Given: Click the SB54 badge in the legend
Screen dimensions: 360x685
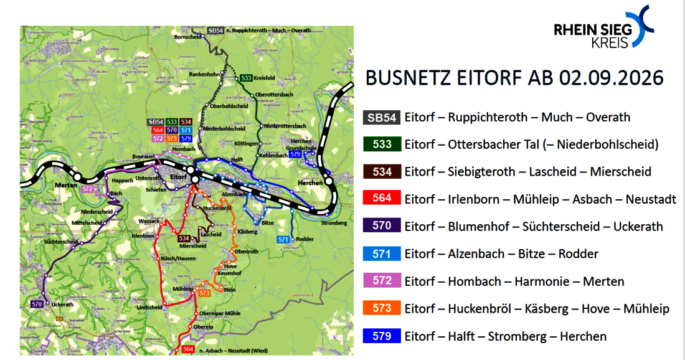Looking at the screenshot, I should coord(380,117).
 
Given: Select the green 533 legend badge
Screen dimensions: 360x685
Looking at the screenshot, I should coord(380,144).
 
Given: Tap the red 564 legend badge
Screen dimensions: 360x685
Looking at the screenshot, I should coord(380,199).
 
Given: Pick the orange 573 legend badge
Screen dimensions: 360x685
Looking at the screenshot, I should coord(380,309).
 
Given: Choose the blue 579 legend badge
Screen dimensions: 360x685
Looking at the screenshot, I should coord(380,336).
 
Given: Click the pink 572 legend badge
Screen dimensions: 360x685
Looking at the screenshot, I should coord(380,282).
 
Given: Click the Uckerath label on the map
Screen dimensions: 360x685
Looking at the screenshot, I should coord(63,305).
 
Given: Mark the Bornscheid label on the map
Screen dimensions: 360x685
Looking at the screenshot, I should coord(189,37).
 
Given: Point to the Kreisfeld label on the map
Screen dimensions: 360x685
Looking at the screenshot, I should coord(265,78).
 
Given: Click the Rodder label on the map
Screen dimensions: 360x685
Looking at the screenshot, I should coord(305,239).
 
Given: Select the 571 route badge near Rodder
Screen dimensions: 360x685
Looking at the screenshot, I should coord(283,240).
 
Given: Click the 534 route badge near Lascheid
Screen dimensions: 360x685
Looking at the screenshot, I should coord(184,239).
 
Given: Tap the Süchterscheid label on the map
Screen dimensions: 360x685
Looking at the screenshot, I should coord(60,242).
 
